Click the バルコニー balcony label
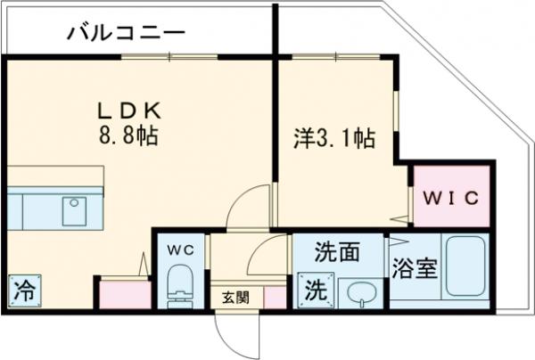pos(126,34)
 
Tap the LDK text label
pos(130,112)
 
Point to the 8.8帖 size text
pos(130,137)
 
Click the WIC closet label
pos(451,195)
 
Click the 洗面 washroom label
pos(337,252)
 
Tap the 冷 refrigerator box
pos(26,290)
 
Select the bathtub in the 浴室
pos(465,266)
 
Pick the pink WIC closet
pos(451,195)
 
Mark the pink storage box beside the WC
pos(122,295)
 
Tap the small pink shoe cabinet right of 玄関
pos(276,298)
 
